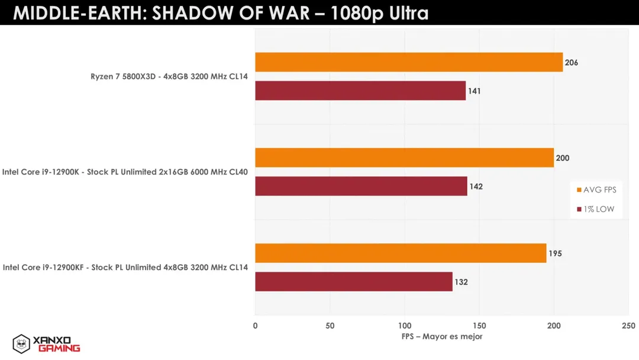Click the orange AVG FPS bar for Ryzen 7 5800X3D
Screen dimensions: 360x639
click(x=408, y=62)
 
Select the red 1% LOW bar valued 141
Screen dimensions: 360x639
click(x=360, y=91)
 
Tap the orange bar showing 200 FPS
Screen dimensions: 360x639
click(x=404, y=157)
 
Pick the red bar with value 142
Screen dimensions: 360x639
click(x=361, y=186)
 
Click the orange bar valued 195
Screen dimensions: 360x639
click(x=401, y=253)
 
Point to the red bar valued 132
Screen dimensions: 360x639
click(x=353, y=282)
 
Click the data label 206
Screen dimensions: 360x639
click(x=572, y=63)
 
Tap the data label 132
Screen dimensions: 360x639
click(x=461, y=282)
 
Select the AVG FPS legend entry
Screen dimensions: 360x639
click(x=596, y=190)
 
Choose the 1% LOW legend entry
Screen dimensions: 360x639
click(x=596, y=209)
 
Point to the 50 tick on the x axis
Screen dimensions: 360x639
click(x=330, y=326)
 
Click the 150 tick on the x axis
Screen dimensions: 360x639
click(x=479, y=326)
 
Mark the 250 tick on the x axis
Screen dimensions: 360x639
click(x=628, y=326)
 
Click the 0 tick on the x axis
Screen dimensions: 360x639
click(x=256, y=326)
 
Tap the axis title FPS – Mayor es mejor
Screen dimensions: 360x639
click(x=442, y=336)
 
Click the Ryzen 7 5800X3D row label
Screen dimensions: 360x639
click(x=169, y=76)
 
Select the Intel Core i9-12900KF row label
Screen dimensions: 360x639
click(x=125, y=268)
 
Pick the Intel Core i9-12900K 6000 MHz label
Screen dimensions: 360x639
click(x=125, y=172)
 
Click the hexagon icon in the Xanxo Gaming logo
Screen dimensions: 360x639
click(x=21, y=343)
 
